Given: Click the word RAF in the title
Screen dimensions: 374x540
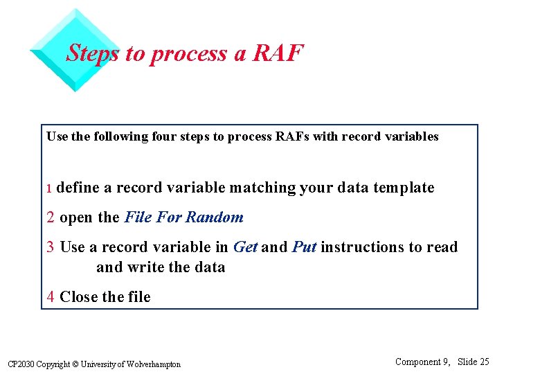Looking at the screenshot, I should tap(278, 53).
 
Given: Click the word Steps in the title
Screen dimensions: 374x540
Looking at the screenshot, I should tap(93, 53).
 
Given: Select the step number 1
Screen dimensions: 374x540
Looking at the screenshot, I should tap(49, 188).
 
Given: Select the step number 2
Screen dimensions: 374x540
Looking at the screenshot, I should tap(51, 217).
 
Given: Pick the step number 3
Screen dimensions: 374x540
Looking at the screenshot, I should tap(51, 247).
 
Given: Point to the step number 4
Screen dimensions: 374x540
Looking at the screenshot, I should tap(51, 297).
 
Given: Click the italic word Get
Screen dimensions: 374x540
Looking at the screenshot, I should tap(245, 247).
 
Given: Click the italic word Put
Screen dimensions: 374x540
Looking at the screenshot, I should tap(304, 247).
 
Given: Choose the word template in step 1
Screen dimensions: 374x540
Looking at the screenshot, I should tap(404, 188).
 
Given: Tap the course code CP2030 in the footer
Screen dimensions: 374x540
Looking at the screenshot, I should tap(19, 364).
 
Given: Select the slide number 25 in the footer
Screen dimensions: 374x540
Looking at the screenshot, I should tap(484, 362).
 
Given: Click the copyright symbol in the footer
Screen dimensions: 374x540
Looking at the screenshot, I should tap(74, 364).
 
